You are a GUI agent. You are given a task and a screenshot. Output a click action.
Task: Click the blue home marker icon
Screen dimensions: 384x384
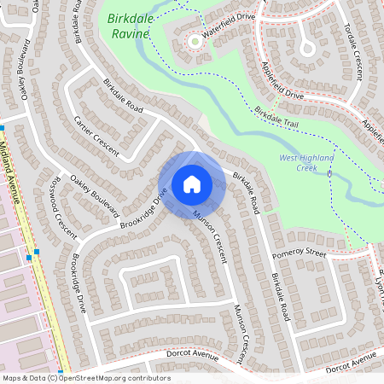pos(192,183)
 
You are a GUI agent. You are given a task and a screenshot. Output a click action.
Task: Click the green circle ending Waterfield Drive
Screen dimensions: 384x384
pos(195,40)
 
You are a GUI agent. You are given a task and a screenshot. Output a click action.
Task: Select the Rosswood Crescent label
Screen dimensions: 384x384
pos(65,220)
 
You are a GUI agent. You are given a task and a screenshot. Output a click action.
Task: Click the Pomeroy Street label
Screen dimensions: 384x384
pos(299,254)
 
